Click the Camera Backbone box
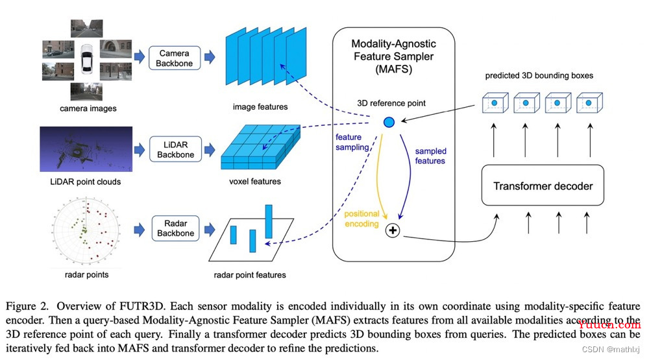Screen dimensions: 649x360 [x=174, y=58]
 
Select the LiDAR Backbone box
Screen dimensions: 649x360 [x=175, y=149]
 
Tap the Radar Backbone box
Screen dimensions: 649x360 [x=175, y=228]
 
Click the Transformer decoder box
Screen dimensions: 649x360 [x=543, y=186]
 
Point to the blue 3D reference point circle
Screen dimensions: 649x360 [x=389, y=122]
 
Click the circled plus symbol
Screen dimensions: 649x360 [x=393, y=230]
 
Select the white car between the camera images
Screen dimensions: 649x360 [x=87, y=58]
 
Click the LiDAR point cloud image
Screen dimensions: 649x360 [x=86, y=149]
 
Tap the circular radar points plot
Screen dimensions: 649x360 [x=86, y=231]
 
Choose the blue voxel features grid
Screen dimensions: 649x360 [x=261, y=147]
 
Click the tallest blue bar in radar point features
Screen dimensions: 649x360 [x=269, y=221]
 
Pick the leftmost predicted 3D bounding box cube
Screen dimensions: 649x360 [x=495, y=103]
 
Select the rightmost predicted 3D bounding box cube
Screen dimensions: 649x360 [x=589, y=103]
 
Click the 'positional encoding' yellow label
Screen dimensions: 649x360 [x=361, y=219]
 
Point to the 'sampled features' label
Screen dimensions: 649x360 [x=430, y=156]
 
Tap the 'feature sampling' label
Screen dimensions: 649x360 [x=352, y=142]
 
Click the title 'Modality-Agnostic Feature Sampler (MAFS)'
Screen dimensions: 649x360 [x=394, y=56]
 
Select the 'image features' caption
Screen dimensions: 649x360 [x=260, y=107]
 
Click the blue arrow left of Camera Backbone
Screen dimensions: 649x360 [x=140, y=56]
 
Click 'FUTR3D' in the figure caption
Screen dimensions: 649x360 [x=142, y=306]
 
